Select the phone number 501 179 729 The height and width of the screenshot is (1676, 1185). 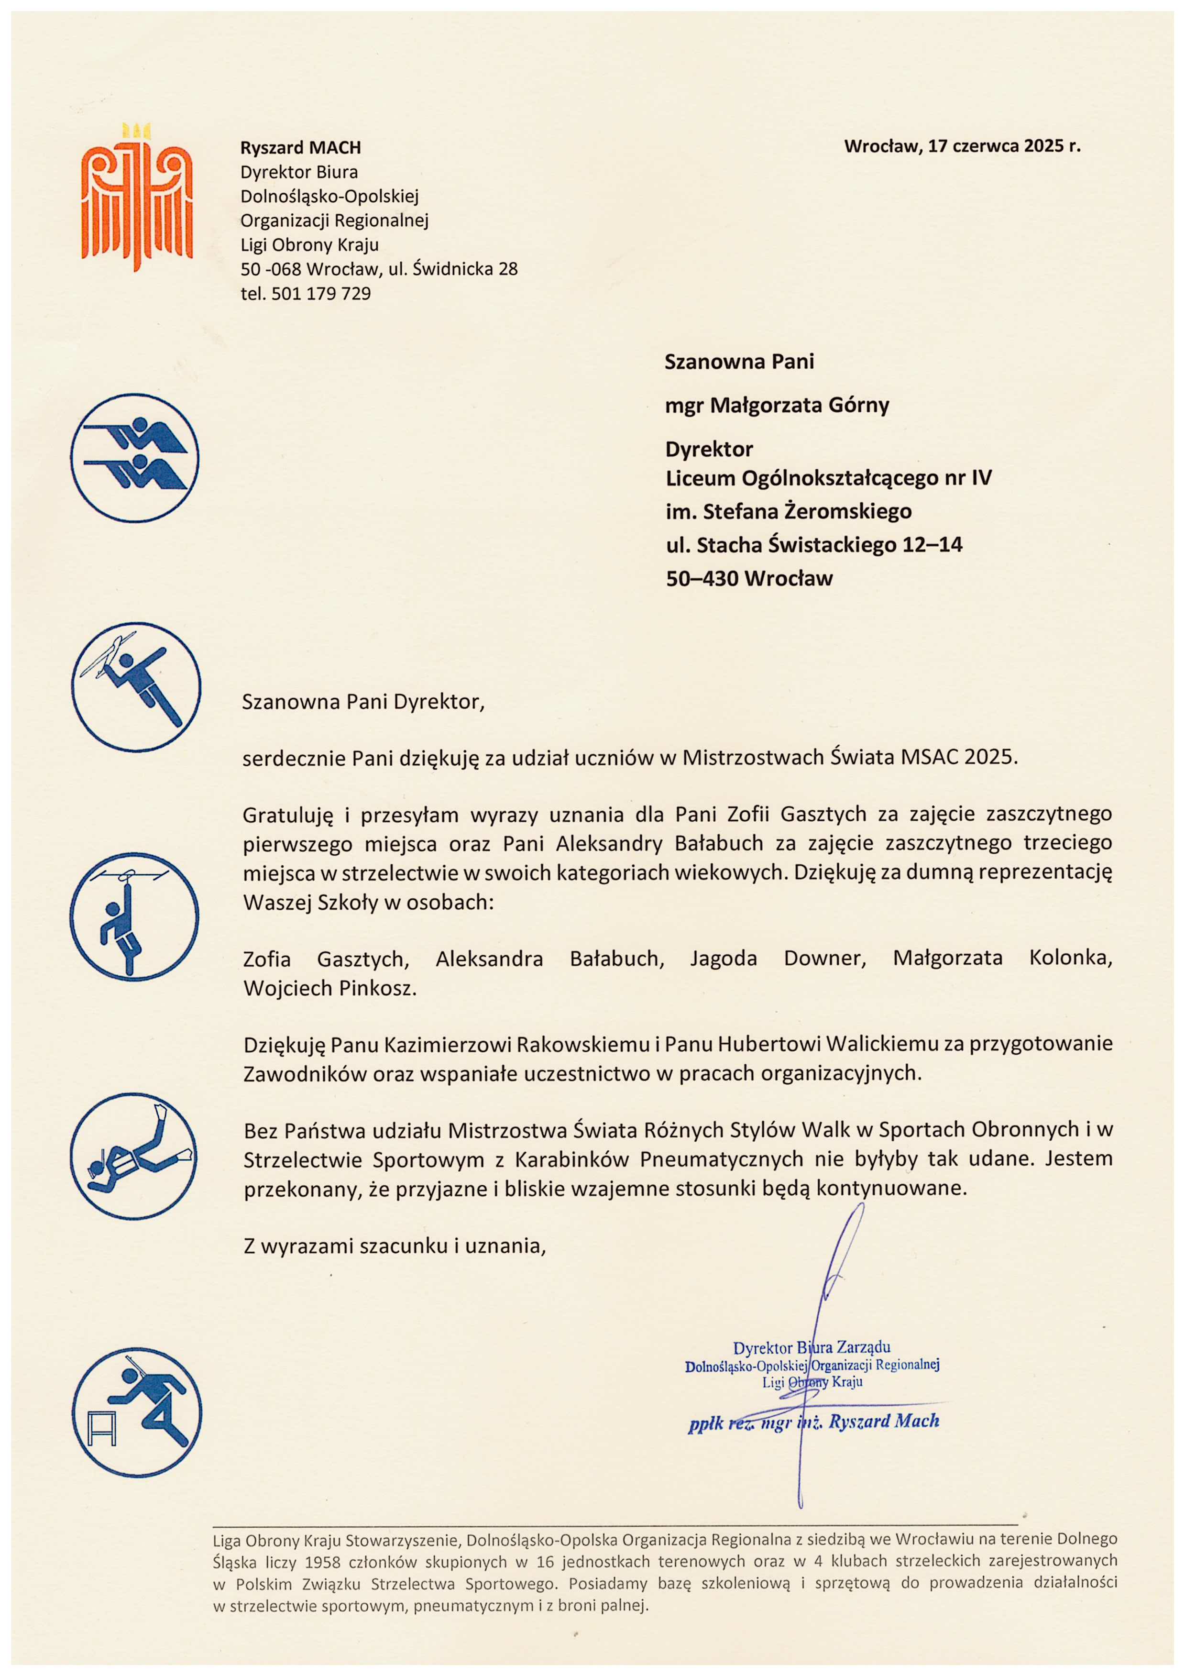pyautogui.click(x=321, y=294)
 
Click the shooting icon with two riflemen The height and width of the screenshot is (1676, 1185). pyautogui.click(x=135, y=458)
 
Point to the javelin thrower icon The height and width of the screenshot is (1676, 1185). pyautogui.click(x=136, y=687)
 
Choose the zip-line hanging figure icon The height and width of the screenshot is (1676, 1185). pyautogui.click(x=135, y=916)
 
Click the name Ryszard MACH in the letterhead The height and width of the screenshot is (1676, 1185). pyautogui.click(x=301, y=147)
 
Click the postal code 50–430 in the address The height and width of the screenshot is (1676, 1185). pyautogui.click(x=702, y=579)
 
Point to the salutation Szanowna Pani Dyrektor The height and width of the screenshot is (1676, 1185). pyautogui.click(x=363, y=702)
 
